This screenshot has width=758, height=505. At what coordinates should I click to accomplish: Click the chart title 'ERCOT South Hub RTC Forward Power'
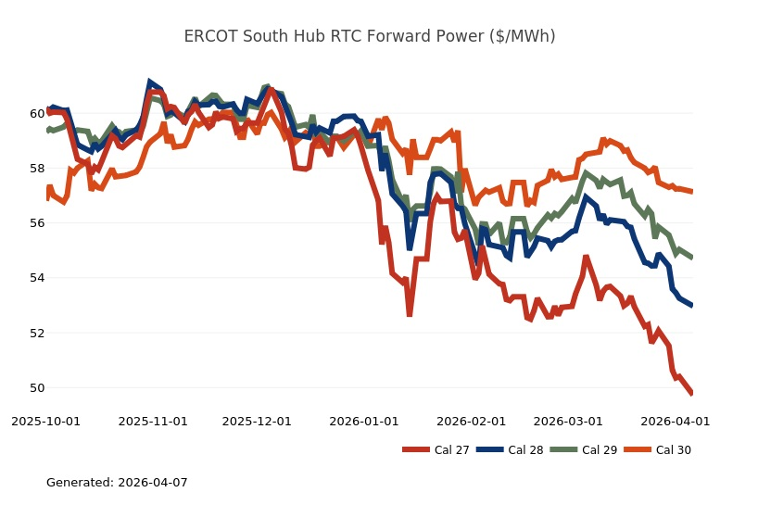coord(370,36)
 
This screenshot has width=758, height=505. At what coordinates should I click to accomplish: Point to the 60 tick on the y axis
coord(38,114)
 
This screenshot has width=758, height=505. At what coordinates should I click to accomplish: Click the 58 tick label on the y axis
coord(38,169)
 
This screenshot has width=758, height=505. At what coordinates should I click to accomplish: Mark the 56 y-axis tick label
coord(38,223)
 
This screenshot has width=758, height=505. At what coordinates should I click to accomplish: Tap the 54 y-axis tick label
coord(38,278)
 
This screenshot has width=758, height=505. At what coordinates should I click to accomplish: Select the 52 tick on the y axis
coord(38,333)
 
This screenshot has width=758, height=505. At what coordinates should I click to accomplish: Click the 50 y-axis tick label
coord(38,387)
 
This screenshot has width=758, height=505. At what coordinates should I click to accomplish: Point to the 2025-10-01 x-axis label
coord(45,421)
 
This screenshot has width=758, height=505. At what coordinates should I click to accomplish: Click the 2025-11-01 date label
coord(153,421)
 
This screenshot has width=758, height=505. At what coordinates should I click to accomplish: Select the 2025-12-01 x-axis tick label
coord(257,421)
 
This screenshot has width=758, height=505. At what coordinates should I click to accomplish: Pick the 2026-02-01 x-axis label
coord(472,421)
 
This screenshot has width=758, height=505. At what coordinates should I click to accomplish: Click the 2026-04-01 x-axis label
coord(676,421)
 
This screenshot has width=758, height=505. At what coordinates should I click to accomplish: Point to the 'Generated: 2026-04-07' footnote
coord(117,483)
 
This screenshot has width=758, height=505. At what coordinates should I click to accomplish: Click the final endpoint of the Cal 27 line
coord(691,393)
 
